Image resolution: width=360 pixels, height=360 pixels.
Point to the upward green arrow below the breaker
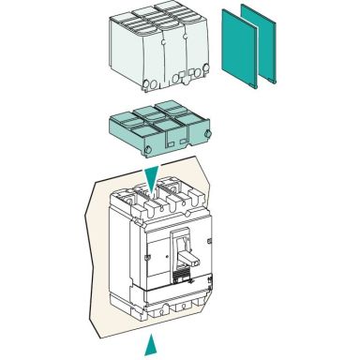pos(148,348)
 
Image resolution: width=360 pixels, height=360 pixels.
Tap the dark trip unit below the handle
pos(184,276)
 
